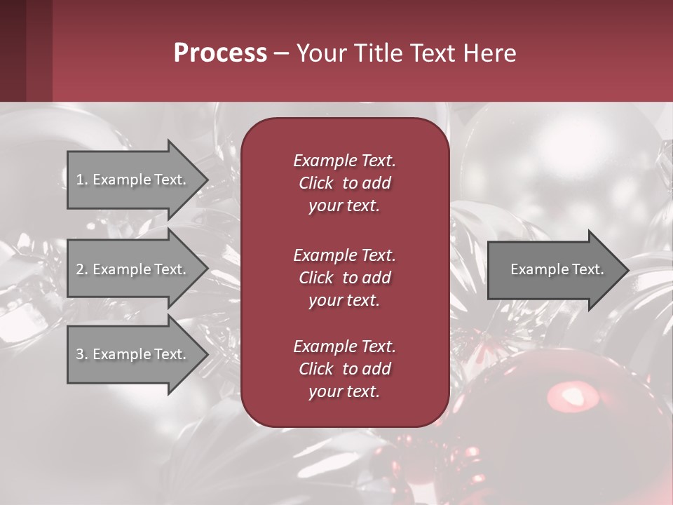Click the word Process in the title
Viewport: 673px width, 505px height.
coord(220,53)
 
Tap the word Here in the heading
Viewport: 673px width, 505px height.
coord(490,53)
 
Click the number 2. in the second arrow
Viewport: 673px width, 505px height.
coord(81,269)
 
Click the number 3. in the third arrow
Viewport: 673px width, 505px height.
coord(81,354)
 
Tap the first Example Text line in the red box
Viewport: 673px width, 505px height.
coord(344,161)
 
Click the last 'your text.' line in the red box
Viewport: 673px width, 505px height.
coord(344,391)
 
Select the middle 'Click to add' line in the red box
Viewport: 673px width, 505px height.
coord(344,278)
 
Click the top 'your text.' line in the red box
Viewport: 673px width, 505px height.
coord(344,206)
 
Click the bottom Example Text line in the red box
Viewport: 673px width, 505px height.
coord(344,346)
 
